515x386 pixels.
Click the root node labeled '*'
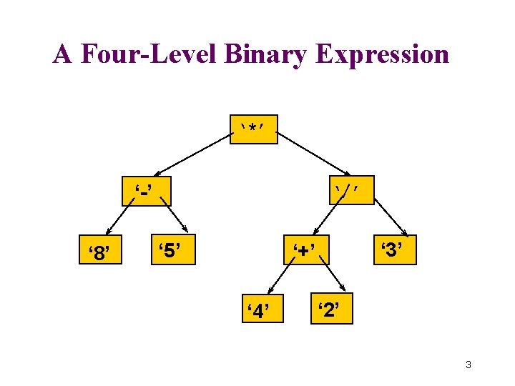[x=253, y=129]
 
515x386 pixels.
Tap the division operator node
[x=350, y=190]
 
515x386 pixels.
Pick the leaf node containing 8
[x=100, y=251]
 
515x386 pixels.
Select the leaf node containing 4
[x=257, y=309]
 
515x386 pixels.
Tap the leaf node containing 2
[x=331, y=309]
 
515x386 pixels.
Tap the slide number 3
[x=468, y=365]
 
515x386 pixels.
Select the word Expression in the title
[x=382, y=54]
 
